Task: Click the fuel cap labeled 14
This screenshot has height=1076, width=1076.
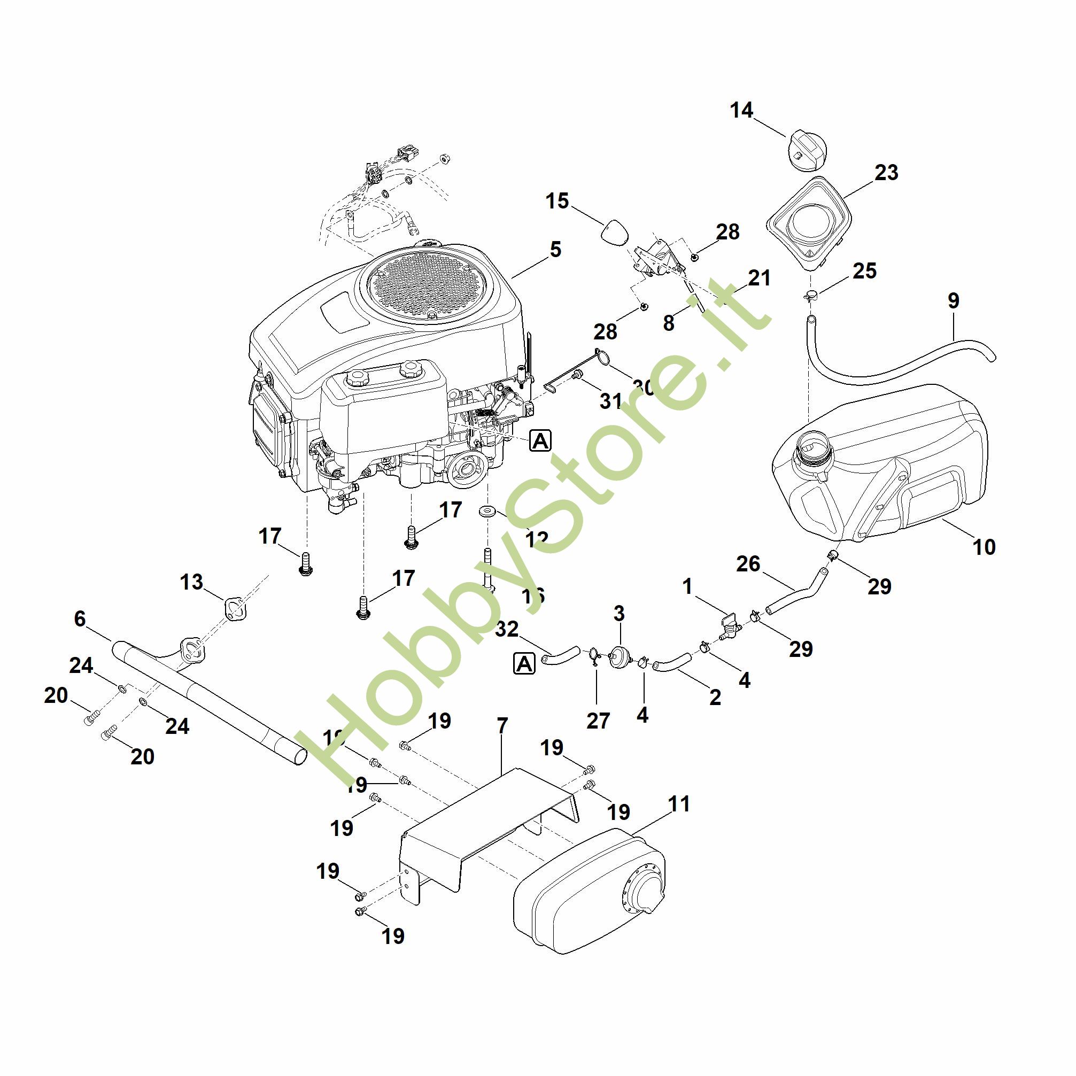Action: pyautogui.click(x=806, y=149)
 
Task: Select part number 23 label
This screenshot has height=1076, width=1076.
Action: pyautogui.click(x=886, y=173)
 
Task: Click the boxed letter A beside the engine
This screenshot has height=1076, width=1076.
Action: pyautogui.click(x=540, y=440)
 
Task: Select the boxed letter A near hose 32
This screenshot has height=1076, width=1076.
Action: pyautogui.click(x=523, y=664)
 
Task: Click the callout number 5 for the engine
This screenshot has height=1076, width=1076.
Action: pyautogui.click(x=555, y=250)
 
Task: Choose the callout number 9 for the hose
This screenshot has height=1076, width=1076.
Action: pyautogui.click(x=953, y=301)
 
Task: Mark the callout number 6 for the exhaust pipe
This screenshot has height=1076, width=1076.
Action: pyautogui.click(x=80, y=619)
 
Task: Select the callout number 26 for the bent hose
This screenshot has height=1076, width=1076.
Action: pyautogui.click(x=747, y=563)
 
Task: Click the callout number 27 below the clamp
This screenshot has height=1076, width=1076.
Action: pyautogui.click(x=598, y=721)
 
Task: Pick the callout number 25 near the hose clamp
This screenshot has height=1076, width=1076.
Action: pyautogui.click(x=864, y=270)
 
